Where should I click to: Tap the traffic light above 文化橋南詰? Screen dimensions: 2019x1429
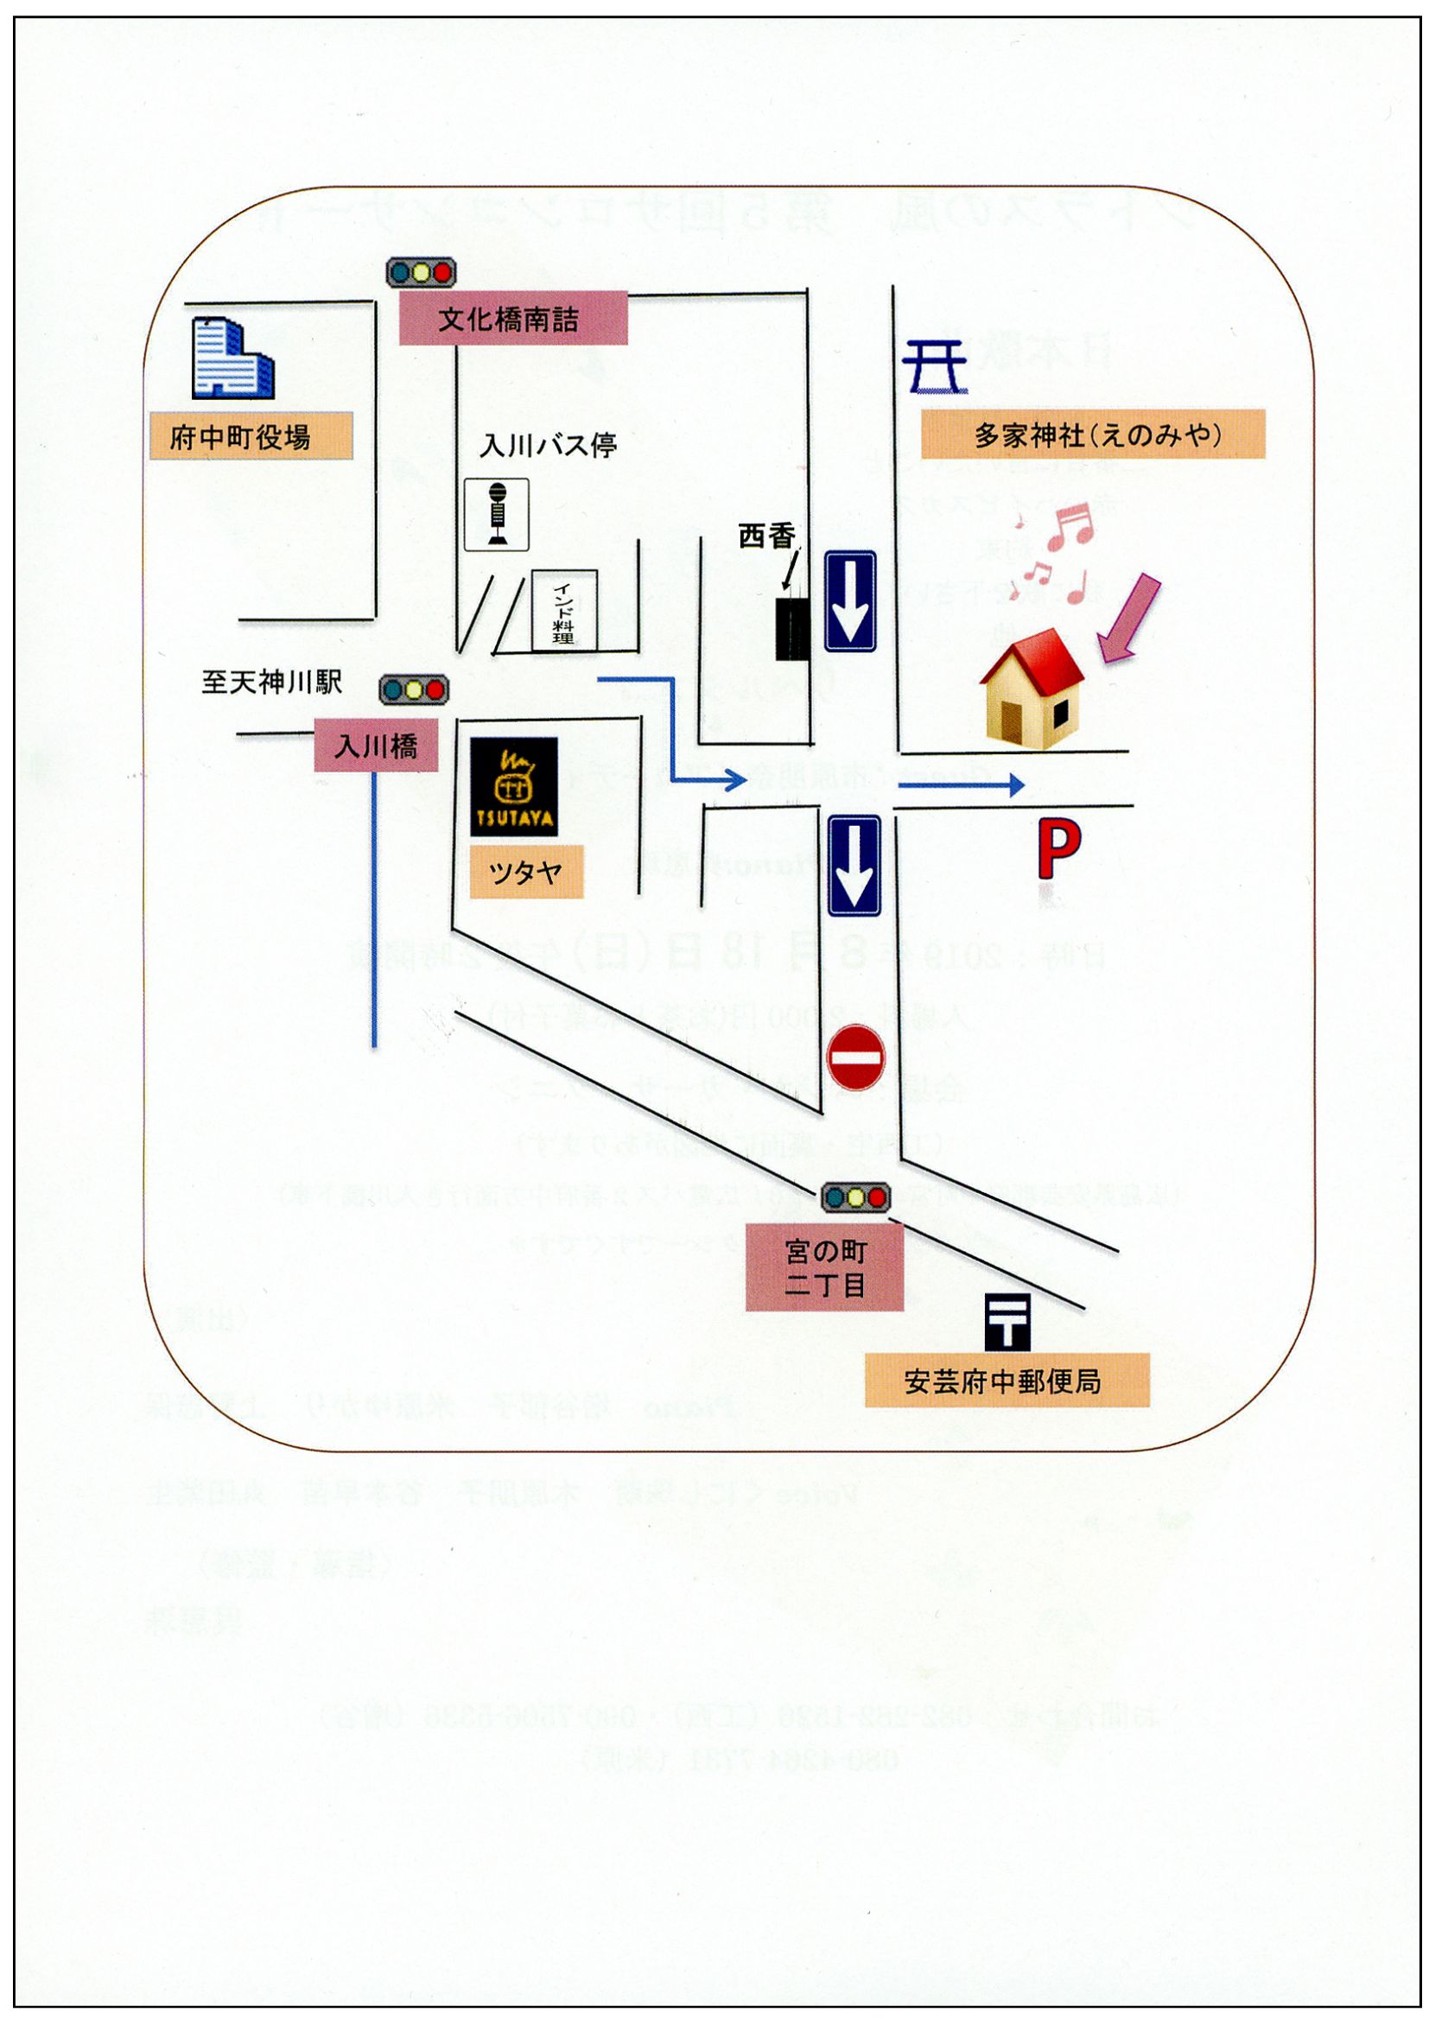[x=421, y=272]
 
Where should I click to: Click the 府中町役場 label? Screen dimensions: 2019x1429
[x=250, y=435]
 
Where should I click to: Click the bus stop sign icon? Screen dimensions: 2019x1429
[x=496, y=515]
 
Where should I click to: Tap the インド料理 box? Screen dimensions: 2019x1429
[x=564, y=611]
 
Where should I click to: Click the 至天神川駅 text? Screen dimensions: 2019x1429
[x=272, y=682]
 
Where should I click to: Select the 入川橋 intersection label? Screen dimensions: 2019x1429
[x=377, y=747]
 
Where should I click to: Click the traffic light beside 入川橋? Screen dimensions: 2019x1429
[x=414, y=689]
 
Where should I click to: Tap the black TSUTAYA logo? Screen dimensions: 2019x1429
[x=514, y=785]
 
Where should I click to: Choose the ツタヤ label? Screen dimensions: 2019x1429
[x=526, y=873]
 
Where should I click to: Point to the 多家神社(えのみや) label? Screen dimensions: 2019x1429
[x=1093, y=435]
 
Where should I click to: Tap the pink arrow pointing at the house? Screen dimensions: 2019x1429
[x=1131, y=619]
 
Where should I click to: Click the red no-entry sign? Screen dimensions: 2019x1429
[x=857, y=1057]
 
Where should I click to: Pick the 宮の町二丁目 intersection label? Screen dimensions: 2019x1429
[x=824, y=1267]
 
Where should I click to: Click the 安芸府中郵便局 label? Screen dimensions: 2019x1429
[x=1007, y=1381]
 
